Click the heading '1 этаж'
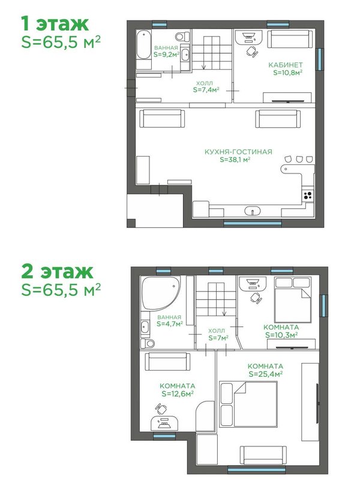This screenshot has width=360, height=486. [x=55, y=23]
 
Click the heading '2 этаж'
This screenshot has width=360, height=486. [x=57, y=272]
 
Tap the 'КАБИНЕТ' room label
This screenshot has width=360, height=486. [x=285, y=65]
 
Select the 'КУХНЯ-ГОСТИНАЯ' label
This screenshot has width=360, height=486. [x=238, y=152]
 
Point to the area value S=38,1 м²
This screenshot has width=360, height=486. [x=235, y=160]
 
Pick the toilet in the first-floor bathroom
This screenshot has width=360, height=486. [x=182, y=37]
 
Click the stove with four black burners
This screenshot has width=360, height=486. [x=308, y=195]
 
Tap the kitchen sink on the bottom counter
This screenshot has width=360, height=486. [x=253, y=211]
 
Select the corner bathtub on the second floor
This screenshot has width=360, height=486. [x=160, y=293]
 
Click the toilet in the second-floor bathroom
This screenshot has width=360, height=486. [x=147, y=343]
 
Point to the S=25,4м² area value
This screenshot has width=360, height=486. [x=265, y=374]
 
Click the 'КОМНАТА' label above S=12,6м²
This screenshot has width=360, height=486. [x=178, y=386]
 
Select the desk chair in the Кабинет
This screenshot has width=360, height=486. [x=252, y=52]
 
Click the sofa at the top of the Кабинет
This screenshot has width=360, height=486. [x=290, y=39]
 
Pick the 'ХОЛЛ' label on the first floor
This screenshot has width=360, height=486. [x=205, y=83]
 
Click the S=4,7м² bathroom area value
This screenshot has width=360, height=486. [x=170, y=324]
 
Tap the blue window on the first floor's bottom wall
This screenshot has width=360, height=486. [x=253, y=223]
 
